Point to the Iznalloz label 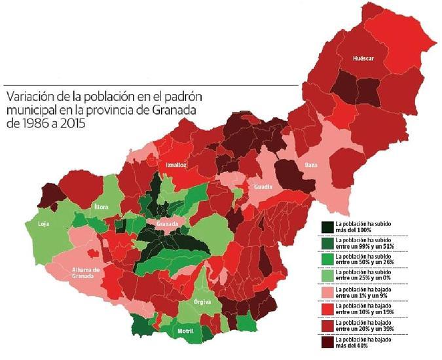(177, 164)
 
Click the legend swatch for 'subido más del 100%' (327, 226)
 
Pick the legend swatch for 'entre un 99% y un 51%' (327, 243)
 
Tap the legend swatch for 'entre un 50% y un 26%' (327, 259)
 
